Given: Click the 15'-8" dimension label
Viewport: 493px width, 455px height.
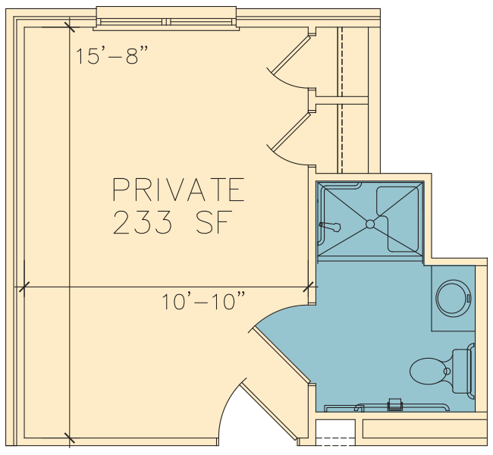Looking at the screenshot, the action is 111,55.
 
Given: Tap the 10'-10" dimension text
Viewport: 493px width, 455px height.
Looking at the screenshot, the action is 203,301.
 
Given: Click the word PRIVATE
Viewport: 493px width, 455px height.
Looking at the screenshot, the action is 178,190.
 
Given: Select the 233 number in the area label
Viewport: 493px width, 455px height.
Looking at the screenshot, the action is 143,222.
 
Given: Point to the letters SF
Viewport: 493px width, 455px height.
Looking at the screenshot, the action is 214,222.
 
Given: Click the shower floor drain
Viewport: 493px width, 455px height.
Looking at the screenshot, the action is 370,224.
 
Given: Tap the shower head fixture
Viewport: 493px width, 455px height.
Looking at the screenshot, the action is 330,227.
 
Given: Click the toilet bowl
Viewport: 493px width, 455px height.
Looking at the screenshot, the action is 429,371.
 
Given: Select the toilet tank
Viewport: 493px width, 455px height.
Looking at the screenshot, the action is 462,371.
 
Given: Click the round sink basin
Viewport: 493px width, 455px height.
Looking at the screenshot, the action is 453,299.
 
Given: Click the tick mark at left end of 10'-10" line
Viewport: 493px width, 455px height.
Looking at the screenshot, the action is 24,287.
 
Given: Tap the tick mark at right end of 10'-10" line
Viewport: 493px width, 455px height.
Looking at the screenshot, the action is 309,287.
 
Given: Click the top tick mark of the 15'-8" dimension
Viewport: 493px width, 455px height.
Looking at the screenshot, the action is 70,27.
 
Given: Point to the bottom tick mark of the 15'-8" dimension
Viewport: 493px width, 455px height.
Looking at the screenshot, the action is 70,438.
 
